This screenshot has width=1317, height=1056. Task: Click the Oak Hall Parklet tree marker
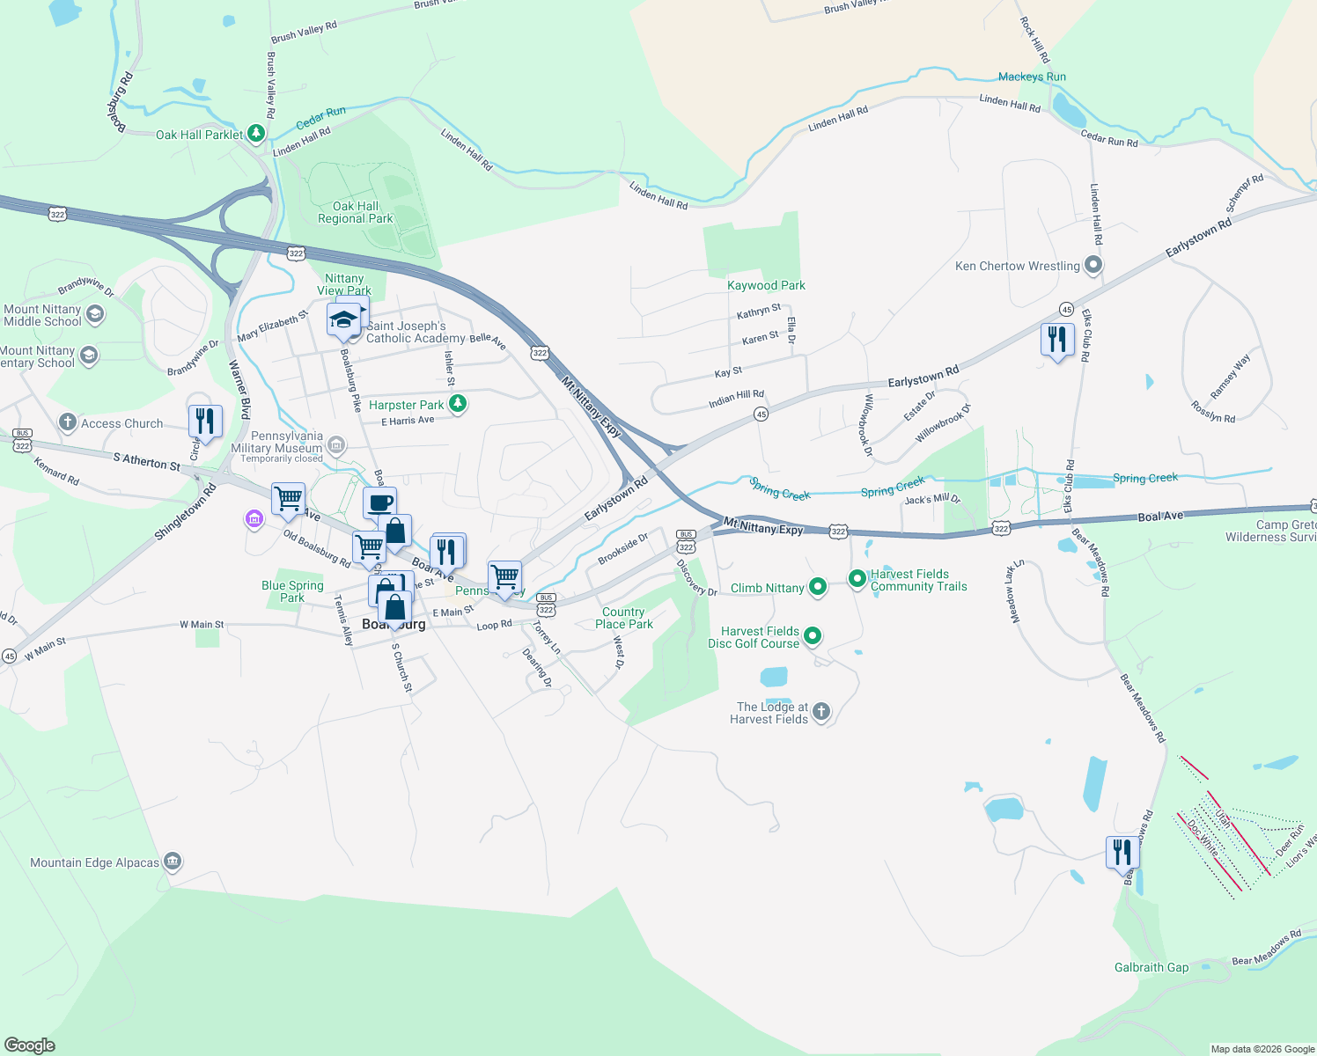coord(256,134)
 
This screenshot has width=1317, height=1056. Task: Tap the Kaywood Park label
coord(766,285)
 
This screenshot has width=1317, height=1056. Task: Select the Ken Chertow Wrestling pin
coord(1093,265)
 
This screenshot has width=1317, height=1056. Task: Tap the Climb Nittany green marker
coord(817,587)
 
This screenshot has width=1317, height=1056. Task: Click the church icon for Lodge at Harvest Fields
coord(820,712)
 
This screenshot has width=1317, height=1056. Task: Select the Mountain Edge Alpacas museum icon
coord(173,862)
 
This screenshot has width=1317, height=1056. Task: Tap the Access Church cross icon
coord(68,422)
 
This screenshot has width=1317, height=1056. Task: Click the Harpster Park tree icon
coord(457,404)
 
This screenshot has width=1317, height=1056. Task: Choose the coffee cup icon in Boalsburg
coord(379,504)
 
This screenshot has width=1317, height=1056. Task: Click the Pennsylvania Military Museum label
coord(276,442)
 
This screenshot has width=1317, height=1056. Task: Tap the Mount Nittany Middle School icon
coord(95,315)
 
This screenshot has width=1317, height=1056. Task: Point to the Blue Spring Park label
coord(292,591)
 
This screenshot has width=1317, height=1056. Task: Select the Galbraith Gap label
coord(1151,967)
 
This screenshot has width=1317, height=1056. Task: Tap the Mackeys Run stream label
coord(1032,77)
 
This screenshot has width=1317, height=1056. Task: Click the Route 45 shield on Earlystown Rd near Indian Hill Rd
coord(761,414)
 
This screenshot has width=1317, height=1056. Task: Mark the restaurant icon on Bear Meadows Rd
coord(1122,853)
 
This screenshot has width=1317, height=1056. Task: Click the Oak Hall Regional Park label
coord(356,212)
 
